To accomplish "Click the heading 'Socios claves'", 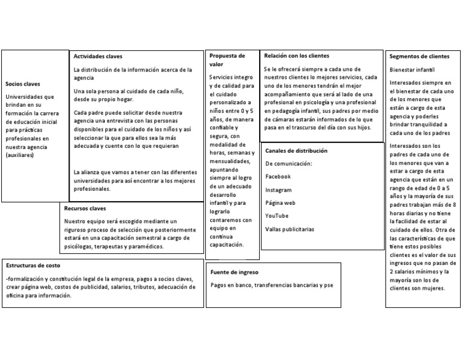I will [x=23, y=84].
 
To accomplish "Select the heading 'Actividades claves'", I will [x=97, y=56].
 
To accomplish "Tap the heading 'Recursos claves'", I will [x=85, y=208].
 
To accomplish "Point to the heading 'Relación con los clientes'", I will [x=297, y=55].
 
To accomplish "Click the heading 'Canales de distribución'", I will [x=296, y=150].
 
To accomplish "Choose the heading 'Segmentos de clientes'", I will [x=420, y=56].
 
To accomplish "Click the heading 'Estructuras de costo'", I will [x=33, y=265].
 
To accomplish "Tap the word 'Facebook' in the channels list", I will [x=278, y=176].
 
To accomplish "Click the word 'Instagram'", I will [x=279, y=190].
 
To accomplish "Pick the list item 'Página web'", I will [x=280, y=203].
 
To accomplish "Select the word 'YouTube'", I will [x=277, y=216].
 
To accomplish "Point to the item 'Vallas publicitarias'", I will [x=289, y=230].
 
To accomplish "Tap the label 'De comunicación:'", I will [x=288, y=163].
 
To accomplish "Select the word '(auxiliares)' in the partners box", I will [x=21, y=156].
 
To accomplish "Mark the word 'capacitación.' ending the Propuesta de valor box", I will [x=226, y=245].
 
